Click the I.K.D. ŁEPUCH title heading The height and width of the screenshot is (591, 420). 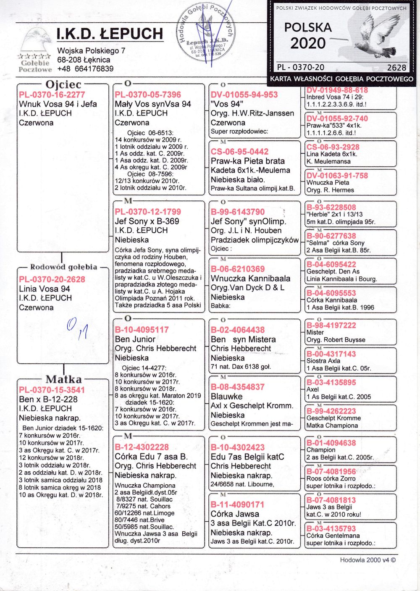click(x=110, y=34)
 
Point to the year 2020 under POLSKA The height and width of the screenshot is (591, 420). click(x=308, y=43)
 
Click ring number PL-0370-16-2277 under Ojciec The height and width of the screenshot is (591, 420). click(x=52, y=95)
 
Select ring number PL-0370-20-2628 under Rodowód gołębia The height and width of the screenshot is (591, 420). click(x=52, y=280)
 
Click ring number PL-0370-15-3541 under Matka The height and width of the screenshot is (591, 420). click(x=52, y=390)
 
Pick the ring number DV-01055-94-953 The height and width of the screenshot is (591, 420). click(x=244, y=95)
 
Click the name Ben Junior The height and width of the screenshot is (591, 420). click(x=135, y=339)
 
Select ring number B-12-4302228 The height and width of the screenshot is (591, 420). click(x=142, y=447)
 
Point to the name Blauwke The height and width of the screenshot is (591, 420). click(x=227, y=397)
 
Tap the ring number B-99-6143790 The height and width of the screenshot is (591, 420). click(x=238, y=212)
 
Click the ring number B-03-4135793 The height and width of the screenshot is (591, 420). click(x=331, y=528)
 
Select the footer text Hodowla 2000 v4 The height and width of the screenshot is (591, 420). click(x=367, y=560)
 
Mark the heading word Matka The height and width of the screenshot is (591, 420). click(x=64, y=379)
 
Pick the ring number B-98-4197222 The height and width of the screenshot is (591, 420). click(x=331, y=325)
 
